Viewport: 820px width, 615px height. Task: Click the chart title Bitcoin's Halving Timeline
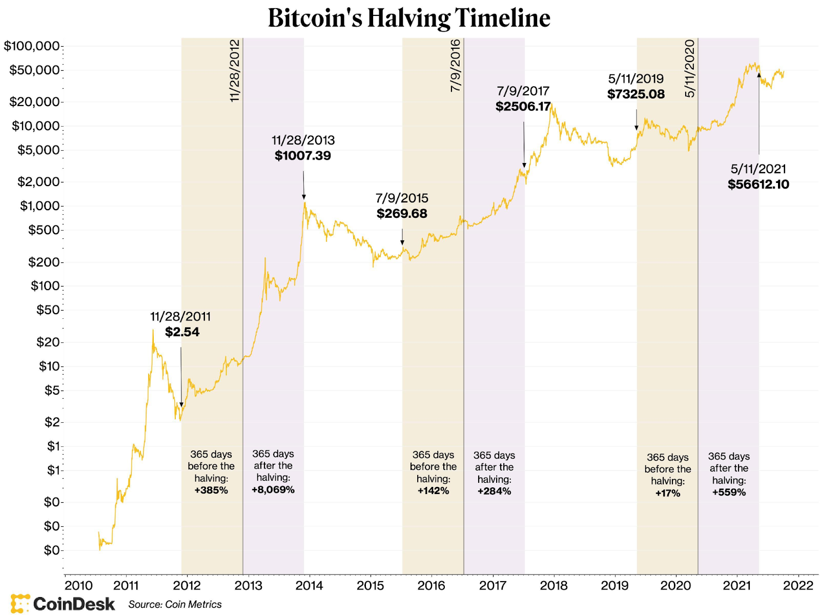point(409,18)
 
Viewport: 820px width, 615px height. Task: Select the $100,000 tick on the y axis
point(32,46)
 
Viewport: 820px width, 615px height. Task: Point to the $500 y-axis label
point(44,230)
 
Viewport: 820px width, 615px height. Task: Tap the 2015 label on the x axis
point(370,586)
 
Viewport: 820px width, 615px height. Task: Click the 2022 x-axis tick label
point(798,586)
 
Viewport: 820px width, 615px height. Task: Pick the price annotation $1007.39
point(303,156)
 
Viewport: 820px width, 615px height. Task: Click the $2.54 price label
point(182,332)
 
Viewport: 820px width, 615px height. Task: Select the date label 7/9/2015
point(402,198)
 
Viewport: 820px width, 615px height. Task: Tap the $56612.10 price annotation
point(758,184)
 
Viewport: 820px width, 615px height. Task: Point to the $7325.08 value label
point(636,94)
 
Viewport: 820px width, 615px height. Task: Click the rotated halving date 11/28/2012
point(235,70)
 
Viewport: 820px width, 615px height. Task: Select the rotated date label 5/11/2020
point(690,68)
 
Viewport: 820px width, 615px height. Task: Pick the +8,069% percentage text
point(273,490)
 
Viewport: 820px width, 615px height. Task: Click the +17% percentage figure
point(668,494)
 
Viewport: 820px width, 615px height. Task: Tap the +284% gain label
point(494,491)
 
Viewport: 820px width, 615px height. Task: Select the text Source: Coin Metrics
point(175,605)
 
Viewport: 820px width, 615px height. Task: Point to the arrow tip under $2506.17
point(524,167)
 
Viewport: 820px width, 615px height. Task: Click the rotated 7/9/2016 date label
point(456,66)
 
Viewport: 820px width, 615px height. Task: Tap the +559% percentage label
point(729,493)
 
